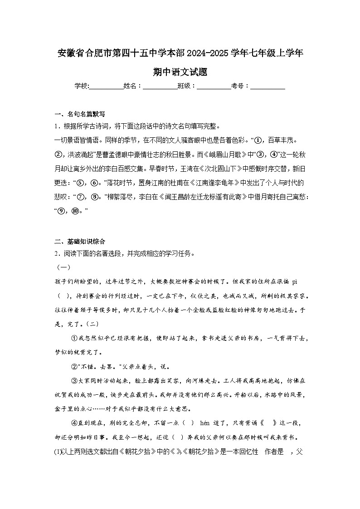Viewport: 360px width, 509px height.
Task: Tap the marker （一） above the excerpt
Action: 61,267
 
